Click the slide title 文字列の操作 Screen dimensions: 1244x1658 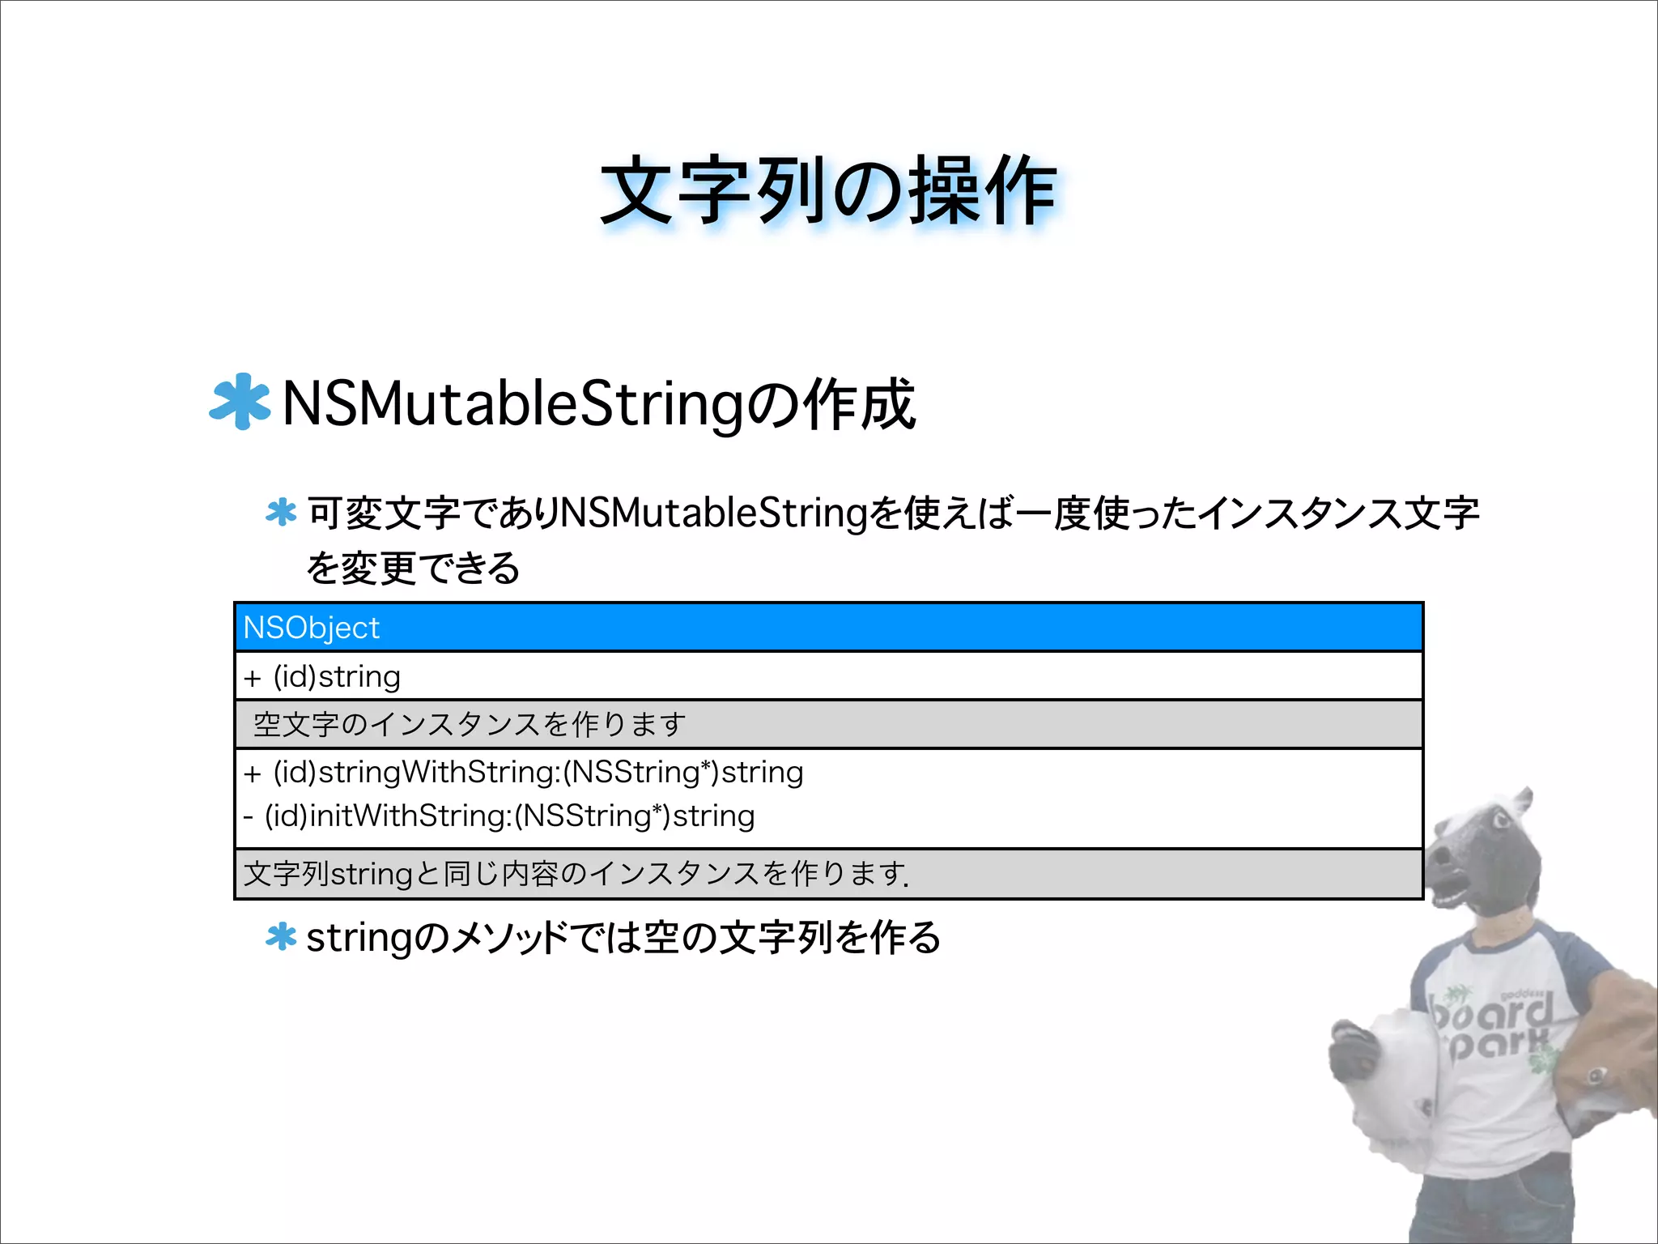pyautogui.click(x=828, y=192)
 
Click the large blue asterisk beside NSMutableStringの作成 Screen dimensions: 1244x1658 pyautogui.click(x=240, y=402)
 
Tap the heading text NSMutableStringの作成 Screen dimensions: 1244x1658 pyautogui.click(x=599, y=404)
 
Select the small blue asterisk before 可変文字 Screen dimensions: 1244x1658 pyautogui.click(x=281, y=513)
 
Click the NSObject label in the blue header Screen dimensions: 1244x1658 pyautogui.click(x=312, y=628)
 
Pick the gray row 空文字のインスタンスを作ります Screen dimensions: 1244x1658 pyautogui.click(x=470, y=724)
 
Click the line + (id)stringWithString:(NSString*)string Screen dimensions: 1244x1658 pyautogui.click(x=523, y=772)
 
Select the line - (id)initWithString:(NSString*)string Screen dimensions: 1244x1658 pyautogui.click(x=499, y=816)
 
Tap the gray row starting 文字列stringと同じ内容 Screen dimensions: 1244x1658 pyautogui.click(x=576, y=874)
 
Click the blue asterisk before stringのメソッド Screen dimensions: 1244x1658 pyautogui.click(x=281, y=937)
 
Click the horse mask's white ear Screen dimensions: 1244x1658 pyautogui.click(x=1520, y=806)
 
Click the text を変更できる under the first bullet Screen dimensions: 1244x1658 pyautogui.click(x=413, y=568)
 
